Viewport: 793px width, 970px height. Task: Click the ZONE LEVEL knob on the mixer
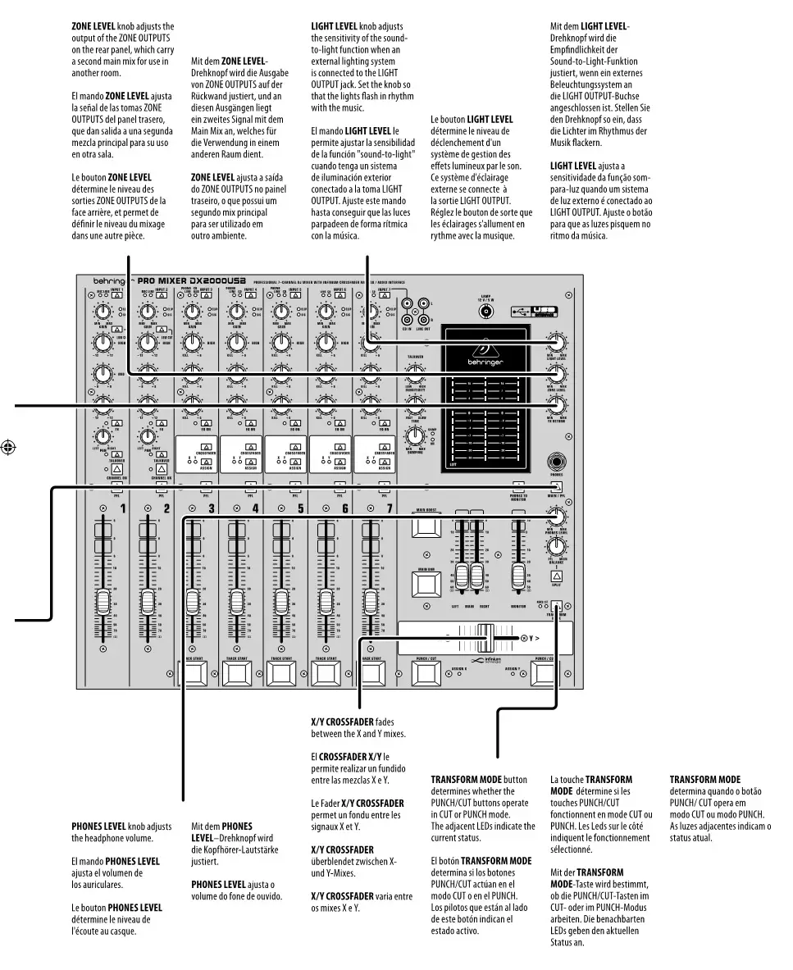pos(558,374)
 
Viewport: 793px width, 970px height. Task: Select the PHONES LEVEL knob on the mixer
pos(558,516)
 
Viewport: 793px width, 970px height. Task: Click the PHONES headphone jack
pos(558,461)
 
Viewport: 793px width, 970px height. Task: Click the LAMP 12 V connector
pos(486,312)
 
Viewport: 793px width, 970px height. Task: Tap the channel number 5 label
pos(300,508)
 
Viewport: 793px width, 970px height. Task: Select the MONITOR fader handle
pos(518,576)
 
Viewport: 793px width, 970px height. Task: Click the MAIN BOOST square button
pos(426,526)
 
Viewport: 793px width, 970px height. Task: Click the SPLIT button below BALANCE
pos(557,576)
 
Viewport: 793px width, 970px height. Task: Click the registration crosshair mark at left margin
pos(8,448)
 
